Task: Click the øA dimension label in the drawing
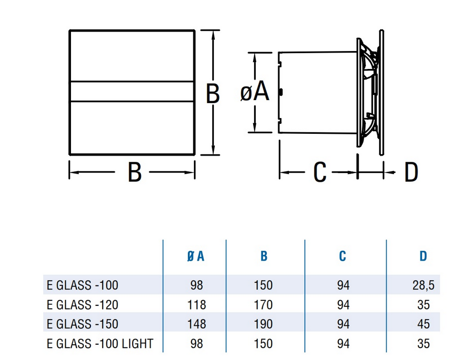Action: (x=255, y=92)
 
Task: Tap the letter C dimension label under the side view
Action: (x=320, y=172)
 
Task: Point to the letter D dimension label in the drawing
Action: (x=411, y=172)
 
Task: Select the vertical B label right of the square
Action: (x=213, y=93)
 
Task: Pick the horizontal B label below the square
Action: (x=135, y=172)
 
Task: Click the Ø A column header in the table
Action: (x=195, y=256)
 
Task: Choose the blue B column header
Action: (x=264, y=256)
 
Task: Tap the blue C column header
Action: (x=342, y=256)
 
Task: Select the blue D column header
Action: (x=423, y=256)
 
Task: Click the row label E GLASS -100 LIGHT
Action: (x=100, y=344)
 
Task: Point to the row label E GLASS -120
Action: (x=83, y=305)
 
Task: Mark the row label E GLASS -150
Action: (x=83, y=324)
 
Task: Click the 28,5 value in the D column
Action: (x=423, y=285)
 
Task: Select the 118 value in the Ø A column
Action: (x=196, y=305)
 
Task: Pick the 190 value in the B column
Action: (x=263, y=324)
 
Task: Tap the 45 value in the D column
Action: (x=424, y=324)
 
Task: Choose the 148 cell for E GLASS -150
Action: (x=196, y=324)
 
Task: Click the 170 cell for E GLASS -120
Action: (x=263, y=305)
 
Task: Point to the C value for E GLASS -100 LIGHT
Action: (x=343, y=344)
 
